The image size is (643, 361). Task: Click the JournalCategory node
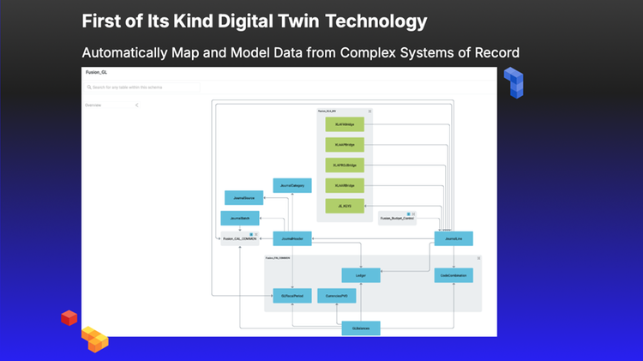[x=292, y=185]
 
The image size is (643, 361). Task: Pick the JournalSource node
[x=243, y=198]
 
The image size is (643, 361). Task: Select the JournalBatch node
[x=239, y=218]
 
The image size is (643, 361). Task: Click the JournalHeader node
[x=292, y=238]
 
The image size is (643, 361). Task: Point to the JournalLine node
[x=454, y=238]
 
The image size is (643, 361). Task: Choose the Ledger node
[x=361, y=275]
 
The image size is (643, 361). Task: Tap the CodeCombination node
[x=454, y=275]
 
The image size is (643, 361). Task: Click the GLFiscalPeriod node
[x=292, y=296]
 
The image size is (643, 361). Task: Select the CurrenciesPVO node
[x=336, y=296]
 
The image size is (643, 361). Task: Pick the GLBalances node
[x=361, y=328]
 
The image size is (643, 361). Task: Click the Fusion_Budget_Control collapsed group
[x=397, y=219]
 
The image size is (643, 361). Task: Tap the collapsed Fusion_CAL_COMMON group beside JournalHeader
[x=239, y=238]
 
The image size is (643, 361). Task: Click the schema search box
[x=142, y=87]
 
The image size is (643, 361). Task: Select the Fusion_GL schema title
[x=97, y=74]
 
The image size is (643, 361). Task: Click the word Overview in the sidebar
[x=93, y=105]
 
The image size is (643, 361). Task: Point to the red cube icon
[x=69, y=318]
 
